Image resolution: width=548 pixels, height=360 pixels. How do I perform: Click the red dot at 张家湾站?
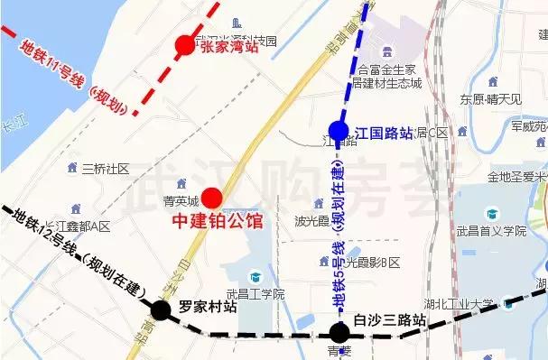185,44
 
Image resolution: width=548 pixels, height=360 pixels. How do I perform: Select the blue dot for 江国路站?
339,132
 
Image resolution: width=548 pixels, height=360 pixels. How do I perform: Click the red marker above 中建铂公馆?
212,198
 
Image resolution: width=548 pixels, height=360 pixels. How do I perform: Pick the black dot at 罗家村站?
161,311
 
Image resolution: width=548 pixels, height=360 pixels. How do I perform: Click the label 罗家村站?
208,307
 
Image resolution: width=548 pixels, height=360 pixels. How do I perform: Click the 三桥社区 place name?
106,169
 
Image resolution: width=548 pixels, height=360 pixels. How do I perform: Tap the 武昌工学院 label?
255,294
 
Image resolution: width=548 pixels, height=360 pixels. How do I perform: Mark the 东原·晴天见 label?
491,98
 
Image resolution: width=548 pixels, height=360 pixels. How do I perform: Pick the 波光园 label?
311,221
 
